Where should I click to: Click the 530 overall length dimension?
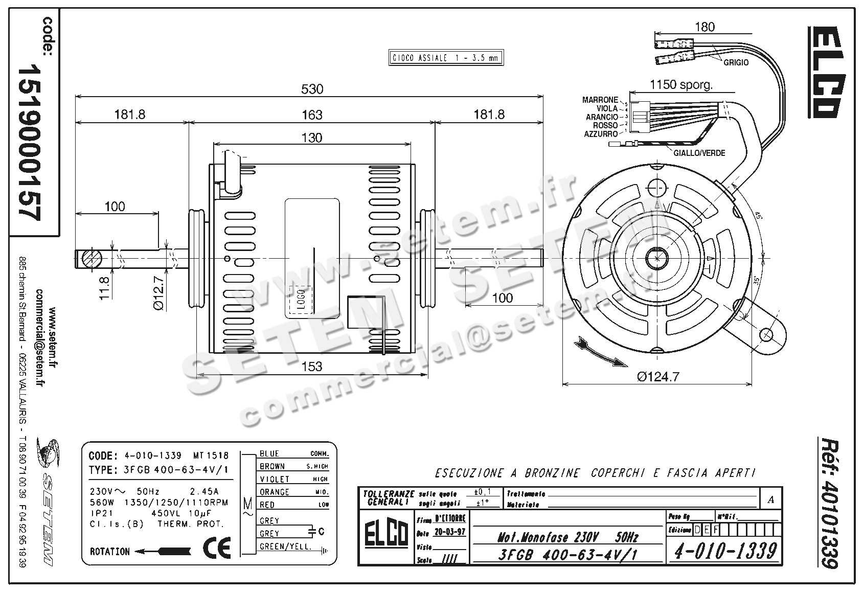(312, 89)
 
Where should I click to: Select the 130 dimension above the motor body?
(312, 138)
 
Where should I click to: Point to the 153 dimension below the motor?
(312, 366)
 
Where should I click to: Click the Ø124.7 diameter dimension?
(658, 377)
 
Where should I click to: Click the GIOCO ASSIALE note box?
(445, 58)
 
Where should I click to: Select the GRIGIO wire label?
(736, 62)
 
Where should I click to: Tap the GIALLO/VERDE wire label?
(699, 153)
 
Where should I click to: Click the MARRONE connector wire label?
(600, 100)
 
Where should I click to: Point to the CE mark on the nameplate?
(217, 548)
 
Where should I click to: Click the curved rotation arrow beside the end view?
(600, 351)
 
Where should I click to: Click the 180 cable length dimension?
(705, 27)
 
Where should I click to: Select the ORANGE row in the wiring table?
(275, 492)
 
